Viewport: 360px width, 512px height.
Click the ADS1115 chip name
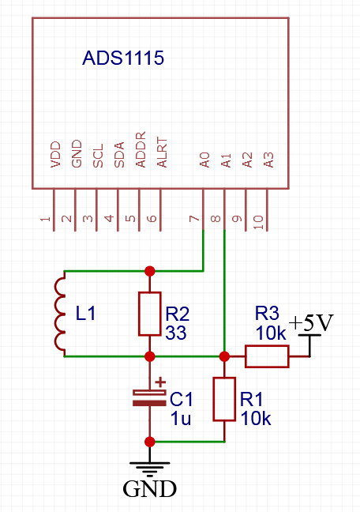point(123,59)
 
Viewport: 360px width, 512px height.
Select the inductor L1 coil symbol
point(60,314)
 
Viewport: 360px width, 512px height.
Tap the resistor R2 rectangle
point(149,314)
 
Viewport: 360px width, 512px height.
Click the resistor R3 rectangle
point(267,357)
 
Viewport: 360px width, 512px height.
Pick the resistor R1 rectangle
point(225,399)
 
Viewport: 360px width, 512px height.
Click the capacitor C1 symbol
point(149,397)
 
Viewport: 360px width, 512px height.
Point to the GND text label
point(149,489)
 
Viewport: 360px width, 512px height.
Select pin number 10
point(258,223)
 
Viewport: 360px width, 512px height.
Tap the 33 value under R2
point(176,333)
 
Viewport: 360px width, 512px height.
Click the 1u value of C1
point(181,419)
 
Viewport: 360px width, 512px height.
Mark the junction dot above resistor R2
point(149,271)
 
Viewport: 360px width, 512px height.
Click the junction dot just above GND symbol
point(149,441)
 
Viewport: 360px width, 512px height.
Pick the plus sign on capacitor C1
point(160,380)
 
